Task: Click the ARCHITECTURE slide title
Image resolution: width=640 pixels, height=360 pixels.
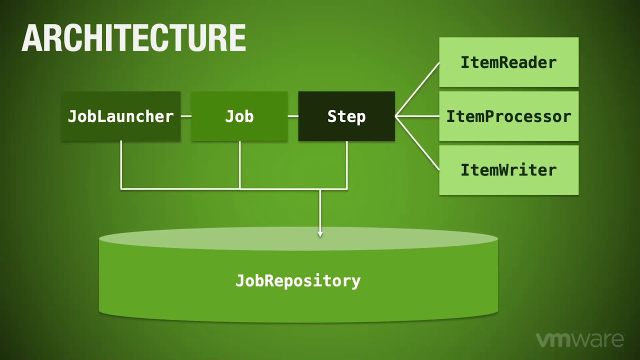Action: pos(133,38)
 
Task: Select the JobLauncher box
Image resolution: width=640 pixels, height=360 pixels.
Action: pos(120,116)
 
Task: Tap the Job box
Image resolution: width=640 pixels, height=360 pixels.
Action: pos(239,116)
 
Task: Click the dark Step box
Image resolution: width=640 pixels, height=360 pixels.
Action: pos(346,116)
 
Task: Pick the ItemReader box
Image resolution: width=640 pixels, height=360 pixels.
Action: pos(508,62)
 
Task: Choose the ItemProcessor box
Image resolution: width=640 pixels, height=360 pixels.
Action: pos(508,116)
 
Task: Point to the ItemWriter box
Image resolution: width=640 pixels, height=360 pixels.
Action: pos(508,170)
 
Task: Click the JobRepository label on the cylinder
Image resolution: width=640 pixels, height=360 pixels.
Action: pos(298,280)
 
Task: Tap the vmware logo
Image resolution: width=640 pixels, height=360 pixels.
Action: pos(580,340)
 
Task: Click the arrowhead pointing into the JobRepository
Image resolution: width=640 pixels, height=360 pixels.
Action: pos(320,233)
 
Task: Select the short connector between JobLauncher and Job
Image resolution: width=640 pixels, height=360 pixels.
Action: pos(185,116)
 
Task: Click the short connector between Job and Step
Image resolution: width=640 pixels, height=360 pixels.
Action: pos(293,116)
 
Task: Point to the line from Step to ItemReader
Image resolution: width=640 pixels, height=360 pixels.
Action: pos(417,89)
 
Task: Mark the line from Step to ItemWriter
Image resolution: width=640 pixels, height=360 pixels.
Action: pos(417,143)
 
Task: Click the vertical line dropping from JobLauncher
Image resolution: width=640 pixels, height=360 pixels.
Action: pos(121,165)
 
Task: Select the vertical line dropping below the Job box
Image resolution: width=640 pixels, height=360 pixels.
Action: pos(240,165)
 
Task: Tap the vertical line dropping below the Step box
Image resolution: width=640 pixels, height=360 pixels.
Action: pos(347,165)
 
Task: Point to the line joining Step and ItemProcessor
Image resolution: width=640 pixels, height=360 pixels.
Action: pos(417,116)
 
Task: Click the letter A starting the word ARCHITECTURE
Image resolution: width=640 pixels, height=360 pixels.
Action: pos(31,38)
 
